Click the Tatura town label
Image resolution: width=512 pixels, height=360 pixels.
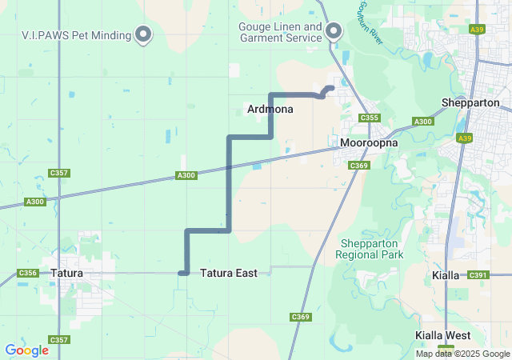(x=66, y=273)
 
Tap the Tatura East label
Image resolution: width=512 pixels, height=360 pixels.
(x=229, y=273)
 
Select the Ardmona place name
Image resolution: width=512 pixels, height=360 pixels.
(x=270, y=109)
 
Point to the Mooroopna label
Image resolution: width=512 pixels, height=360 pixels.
(x=365, y=144)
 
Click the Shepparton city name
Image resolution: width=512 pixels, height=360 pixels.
(x=470, y=103)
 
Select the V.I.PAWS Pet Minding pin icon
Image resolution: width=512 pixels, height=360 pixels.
(x=144, y=33)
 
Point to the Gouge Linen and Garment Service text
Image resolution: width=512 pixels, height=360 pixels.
(x=280, y=32)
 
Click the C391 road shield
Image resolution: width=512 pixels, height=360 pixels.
(x=478, y=275)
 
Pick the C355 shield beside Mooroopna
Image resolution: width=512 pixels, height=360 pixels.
(x=369, y=118)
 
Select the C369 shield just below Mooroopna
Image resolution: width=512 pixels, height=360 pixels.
(x=358, y=165)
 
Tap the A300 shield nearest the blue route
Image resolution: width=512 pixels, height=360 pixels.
(x=186, y=175)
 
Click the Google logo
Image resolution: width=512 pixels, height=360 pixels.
(x=26, y=350)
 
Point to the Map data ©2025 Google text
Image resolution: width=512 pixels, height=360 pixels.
(x=462, y=354)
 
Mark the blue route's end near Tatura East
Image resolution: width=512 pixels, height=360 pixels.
(x=182, y=273)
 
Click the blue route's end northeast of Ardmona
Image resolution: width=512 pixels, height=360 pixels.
(x=331, y=87)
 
